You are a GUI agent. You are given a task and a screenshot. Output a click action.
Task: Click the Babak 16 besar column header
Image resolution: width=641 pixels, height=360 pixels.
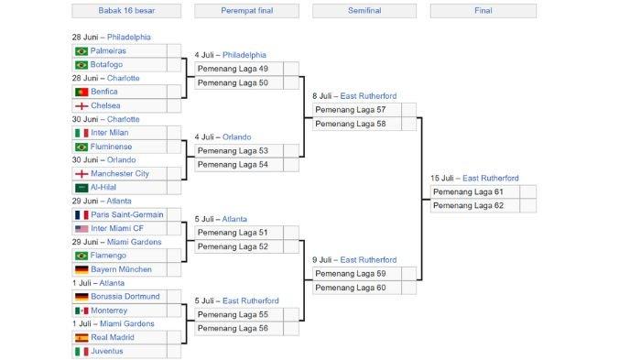coord(126,11)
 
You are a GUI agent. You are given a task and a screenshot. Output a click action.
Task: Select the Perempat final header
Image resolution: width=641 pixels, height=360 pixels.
coord(246,11)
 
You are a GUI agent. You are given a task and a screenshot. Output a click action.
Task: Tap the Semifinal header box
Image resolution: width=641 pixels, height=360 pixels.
coord(364,11)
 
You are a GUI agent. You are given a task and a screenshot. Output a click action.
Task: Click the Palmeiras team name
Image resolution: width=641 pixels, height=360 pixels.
coord(110,51)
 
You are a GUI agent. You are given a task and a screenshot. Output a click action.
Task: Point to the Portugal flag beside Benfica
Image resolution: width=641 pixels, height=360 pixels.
coord(81,93)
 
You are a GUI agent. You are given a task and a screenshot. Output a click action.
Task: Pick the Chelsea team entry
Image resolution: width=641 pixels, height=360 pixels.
coord(105,106)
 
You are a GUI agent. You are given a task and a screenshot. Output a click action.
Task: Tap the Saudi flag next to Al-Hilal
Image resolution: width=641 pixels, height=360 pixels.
coord(81,188)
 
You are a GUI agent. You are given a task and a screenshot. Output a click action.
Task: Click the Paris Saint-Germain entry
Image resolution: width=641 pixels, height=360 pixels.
coord(126,215)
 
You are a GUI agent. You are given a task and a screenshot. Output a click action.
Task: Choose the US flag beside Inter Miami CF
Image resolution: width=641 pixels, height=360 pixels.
coord(81,229)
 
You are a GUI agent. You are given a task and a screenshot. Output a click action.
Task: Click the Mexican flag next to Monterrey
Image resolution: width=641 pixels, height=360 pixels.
coord(81,311)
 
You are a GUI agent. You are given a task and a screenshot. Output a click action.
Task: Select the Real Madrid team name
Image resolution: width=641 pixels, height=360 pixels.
coord(113,338)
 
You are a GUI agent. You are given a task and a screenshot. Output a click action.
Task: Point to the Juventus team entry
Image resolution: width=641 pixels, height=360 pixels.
coord(107,352)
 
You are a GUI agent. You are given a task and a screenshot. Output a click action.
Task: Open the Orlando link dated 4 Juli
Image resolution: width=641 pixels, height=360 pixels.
coord(236,137)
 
